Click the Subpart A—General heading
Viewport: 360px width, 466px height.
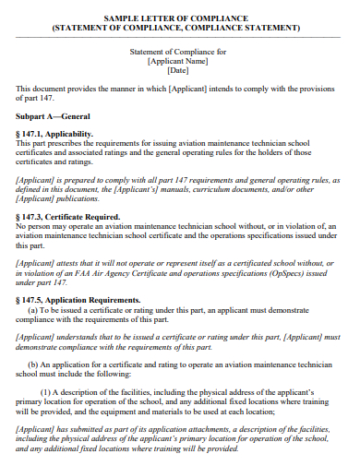[x=54, y=119]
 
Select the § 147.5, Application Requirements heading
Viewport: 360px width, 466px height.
[x=78, y=300]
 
